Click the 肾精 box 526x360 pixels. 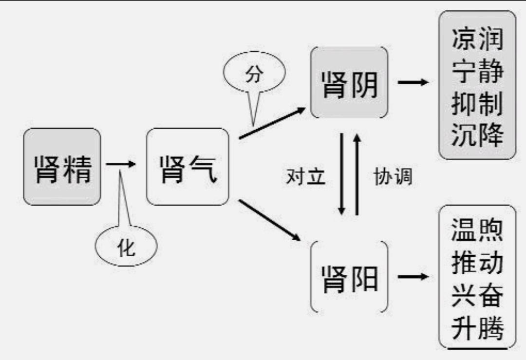coord(62,167)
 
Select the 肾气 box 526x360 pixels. coord(188,167)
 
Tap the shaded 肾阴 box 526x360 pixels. coord(350,83)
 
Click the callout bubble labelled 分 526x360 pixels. coord(253,76)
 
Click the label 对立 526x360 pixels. coord(305,176)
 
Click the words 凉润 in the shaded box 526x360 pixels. coord(477,38)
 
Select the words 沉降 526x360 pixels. coord(477,135)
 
